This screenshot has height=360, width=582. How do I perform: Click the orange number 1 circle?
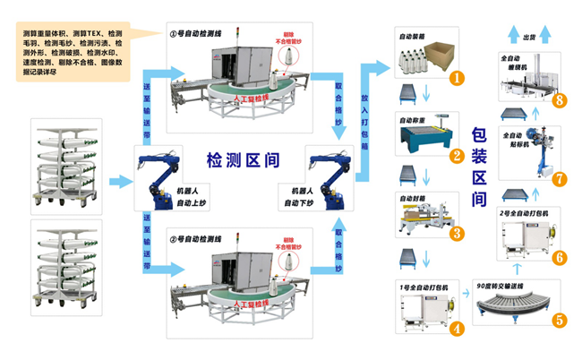(x=457, y=78)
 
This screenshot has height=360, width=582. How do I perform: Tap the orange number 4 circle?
(x=457, y=328)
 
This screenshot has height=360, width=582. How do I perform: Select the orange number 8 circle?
(x=560, y=99)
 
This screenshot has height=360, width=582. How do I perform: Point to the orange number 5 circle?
(x=560, y=318)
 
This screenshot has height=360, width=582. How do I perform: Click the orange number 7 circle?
(x=560, y=178)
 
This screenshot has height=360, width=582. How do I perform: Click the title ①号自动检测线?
(x=201, y=32)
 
